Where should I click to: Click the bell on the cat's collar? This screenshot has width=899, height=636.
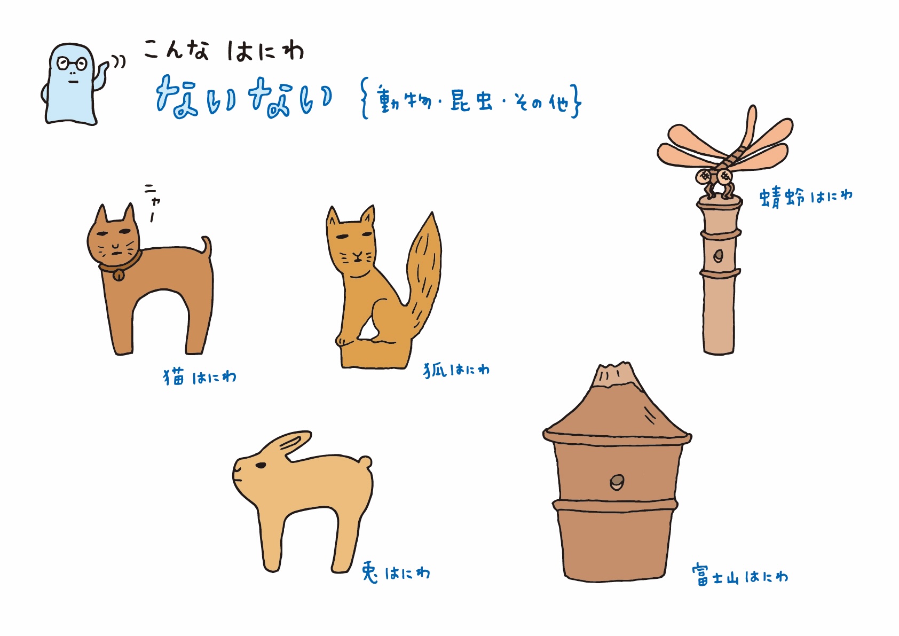(119, 276)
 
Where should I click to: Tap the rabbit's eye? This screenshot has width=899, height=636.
(261, 465)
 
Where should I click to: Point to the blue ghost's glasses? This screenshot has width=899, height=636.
(72, 64)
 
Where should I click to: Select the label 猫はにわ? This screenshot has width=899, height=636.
(200, 377)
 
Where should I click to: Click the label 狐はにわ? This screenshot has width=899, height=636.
(456, 370)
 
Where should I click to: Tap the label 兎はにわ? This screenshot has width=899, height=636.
(396, 572)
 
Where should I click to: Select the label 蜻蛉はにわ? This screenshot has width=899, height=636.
(806, 197)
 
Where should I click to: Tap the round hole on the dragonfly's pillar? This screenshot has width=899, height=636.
(718, 255)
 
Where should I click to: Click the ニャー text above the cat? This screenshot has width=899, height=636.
(153, 203)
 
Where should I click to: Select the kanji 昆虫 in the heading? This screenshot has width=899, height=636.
(471, 101)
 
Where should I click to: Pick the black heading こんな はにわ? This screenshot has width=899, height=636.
(224, 50)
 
